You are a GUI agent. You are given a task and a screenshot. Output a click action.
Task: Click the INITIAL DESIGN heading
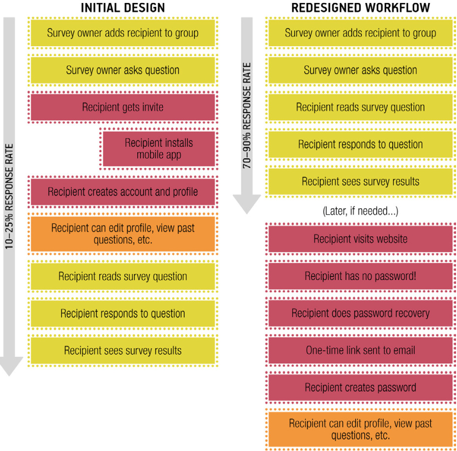pos(123,7)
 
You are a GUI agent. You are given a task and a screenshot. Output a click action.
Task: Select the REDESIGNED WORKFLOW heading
pos(361,7)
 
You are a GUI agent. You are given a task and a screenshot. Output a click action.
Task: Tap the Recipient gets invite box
pos(123,107)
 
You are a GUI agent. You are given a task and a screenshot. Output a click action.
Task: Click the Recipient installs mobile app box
pos(159,148)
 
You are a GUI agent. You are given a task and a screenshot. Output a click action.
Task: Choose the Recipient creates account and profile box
pos(123,192)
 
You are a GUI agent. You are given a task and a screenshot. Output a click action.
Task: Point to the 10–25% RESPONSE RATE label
pos(9,197)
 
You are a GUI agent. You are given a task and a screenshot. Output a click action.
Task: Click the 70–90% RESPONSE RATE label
pos(247,115)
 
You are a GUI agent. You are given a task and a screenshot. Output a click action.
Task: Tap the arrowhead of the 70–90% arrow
pos(247,204)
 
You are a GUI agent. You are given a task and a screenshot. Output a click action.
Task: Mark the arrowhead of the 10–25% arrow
pos(9,366)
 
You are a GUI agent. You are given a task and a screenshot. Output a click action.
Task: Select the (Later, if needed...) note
pos(361,211)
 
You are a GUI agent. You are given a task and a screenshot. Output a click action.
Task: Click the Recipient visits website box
pos(361,239)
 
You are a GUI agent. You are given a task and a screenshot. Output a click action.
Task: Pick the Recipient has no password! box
pos(361,276)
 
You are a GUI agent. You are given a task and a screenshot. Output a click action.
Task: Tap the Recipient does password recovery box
pos(361,313)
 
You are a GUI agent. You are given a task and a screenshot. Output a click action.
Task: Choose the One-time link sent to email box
pos(361,350)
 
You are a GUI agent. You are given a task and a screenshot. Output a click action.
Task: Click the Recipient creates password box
pos(361,388)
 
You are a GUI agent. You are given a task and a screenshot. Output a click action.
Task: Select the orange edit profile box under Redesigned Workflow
pos(361,429)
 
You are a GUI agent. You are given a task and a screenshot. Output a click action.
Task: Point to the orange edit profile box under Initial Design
pos(123,234)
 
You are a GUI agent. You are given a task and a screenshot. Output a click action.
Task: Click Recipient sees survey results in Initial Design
pos(123,350)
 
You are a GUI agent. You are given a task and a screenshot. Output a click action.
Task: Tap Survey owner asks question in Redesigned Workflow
pos(361,70)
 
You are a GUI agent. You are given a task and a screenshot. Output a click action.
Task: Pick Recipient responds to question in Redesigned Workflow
pos(361,144)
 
